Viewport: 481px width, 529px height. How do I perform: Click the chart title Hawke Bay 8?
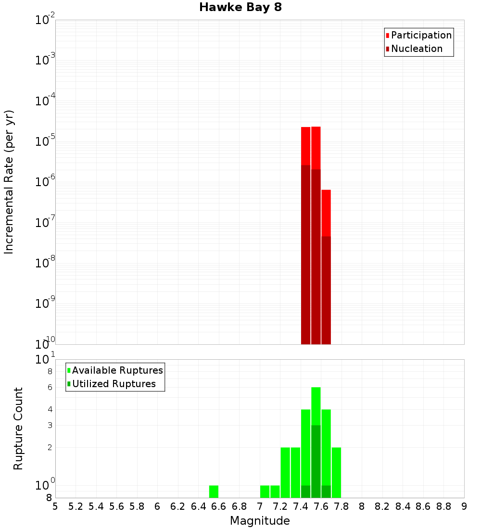pyautogui.click(x=240, y=8)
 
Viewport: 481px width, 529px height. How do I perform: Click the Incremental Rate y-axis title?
pyautogui.click(x=9, y=182)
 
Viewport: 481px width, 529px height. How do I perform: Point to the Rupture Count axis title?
pyautogui.click(x=18, y=428)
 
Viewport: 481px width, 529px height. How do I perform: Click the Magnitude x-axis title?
pyautogui.click(x=260, y=521)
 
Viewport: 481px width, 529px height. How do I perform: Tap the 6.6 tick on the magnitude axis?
pyautogui.click(x=219, y=506)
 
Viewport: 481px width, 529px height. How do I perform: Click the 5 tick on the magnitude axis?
pyautogui.click(x=55, y=506)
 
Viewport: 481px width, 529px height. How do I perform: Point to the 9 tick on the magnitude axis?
pyautogui.click(x=464, y=506)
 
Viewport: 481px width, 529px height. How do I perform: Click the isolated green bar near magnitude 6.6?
pyautogui.click(x=214, y=491)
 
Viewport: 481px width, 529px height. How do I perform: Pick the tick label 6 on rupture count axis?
pyautogui.click(x=49, y=387)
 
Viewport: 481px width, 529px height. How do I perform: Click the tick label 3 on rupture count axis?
pyautogui.click(x=49, y=425)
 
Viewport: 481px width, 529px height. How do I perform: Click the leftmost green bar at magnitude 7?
pyautogui.click(x=265, y=491)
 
